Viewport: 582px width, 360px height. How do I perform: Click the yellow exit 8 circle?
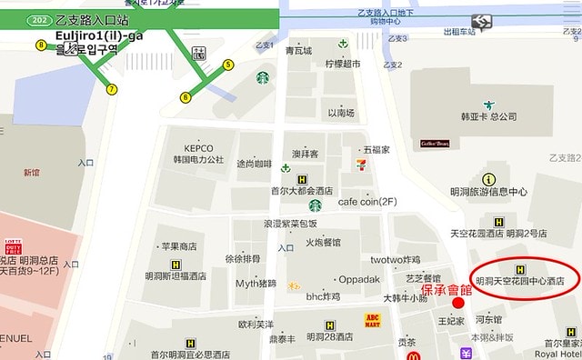(41, 45)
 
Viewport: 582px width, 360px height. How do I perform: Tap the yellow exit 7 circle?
(112, 89)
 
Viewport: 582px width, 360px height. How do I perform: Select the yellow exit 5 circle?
(228, 65)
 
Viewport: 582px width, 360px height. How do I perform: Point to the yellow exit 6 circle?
(186, 96)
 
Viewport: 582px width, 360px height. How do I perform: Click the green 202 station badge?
(39, 19)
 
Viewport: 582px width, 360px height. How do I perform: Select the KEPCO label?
(198, 148)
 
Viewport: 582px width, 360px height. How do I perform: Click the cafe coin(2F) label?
(367, 202)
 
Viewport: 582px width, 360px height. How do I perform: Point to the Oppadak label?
(359, 279)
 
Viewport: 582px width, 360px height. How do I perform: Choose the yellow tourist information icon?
(489, 179)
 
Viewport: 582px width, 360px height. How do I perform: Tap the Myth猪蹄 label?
(256, 283)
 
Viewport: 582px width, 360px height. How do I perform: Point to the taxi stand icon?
(482, 20)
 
